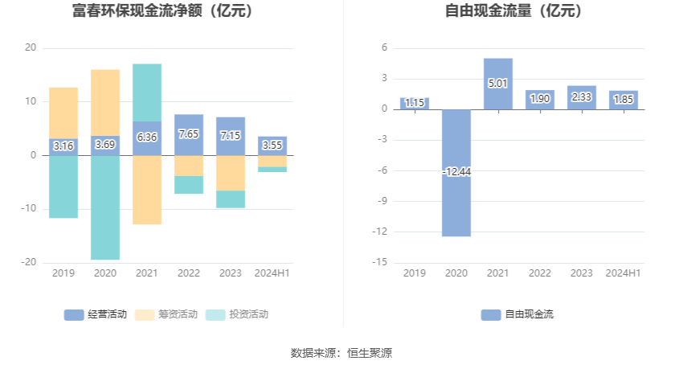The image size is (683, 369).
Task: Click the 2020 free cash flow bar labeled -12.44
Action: (x=456, y=201)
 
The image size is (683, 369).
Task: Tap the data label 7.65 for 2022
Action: (x=189, y=134)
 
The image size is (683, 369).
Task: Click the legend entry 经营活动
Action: (x=96, y=314)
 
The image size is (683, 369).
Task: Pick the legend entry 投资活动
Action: (x=237, y=314)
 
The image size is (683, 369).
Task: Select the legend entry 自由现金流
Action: (x=518, y=314)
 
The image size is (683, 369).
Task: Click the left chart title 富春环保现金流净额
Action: (x=162, y=11)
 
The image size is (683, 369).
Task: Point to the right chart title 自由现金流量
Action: (x=513, y=11)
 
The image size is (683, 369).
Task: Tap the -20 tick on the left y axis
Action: (x=30, y=262)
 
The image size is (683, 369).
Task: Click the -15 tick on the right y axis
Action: (x=382, y=262)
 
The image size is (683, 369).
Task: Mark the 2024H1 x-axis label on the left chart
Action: (x=272, y=273)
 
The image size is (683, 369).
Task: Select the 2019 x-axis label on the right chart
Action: (x=415, y=273)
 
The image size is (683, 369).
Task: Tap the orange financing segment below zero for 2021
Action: (x=147, y=190)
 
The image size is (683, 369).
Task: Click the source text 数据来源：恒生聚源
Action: (x=341, y=353)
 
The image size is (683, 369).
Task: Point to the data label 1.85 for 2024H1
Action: (x=624, y=99)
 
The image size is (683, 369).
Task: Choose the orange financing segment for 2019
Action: (x=63, y=113)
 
